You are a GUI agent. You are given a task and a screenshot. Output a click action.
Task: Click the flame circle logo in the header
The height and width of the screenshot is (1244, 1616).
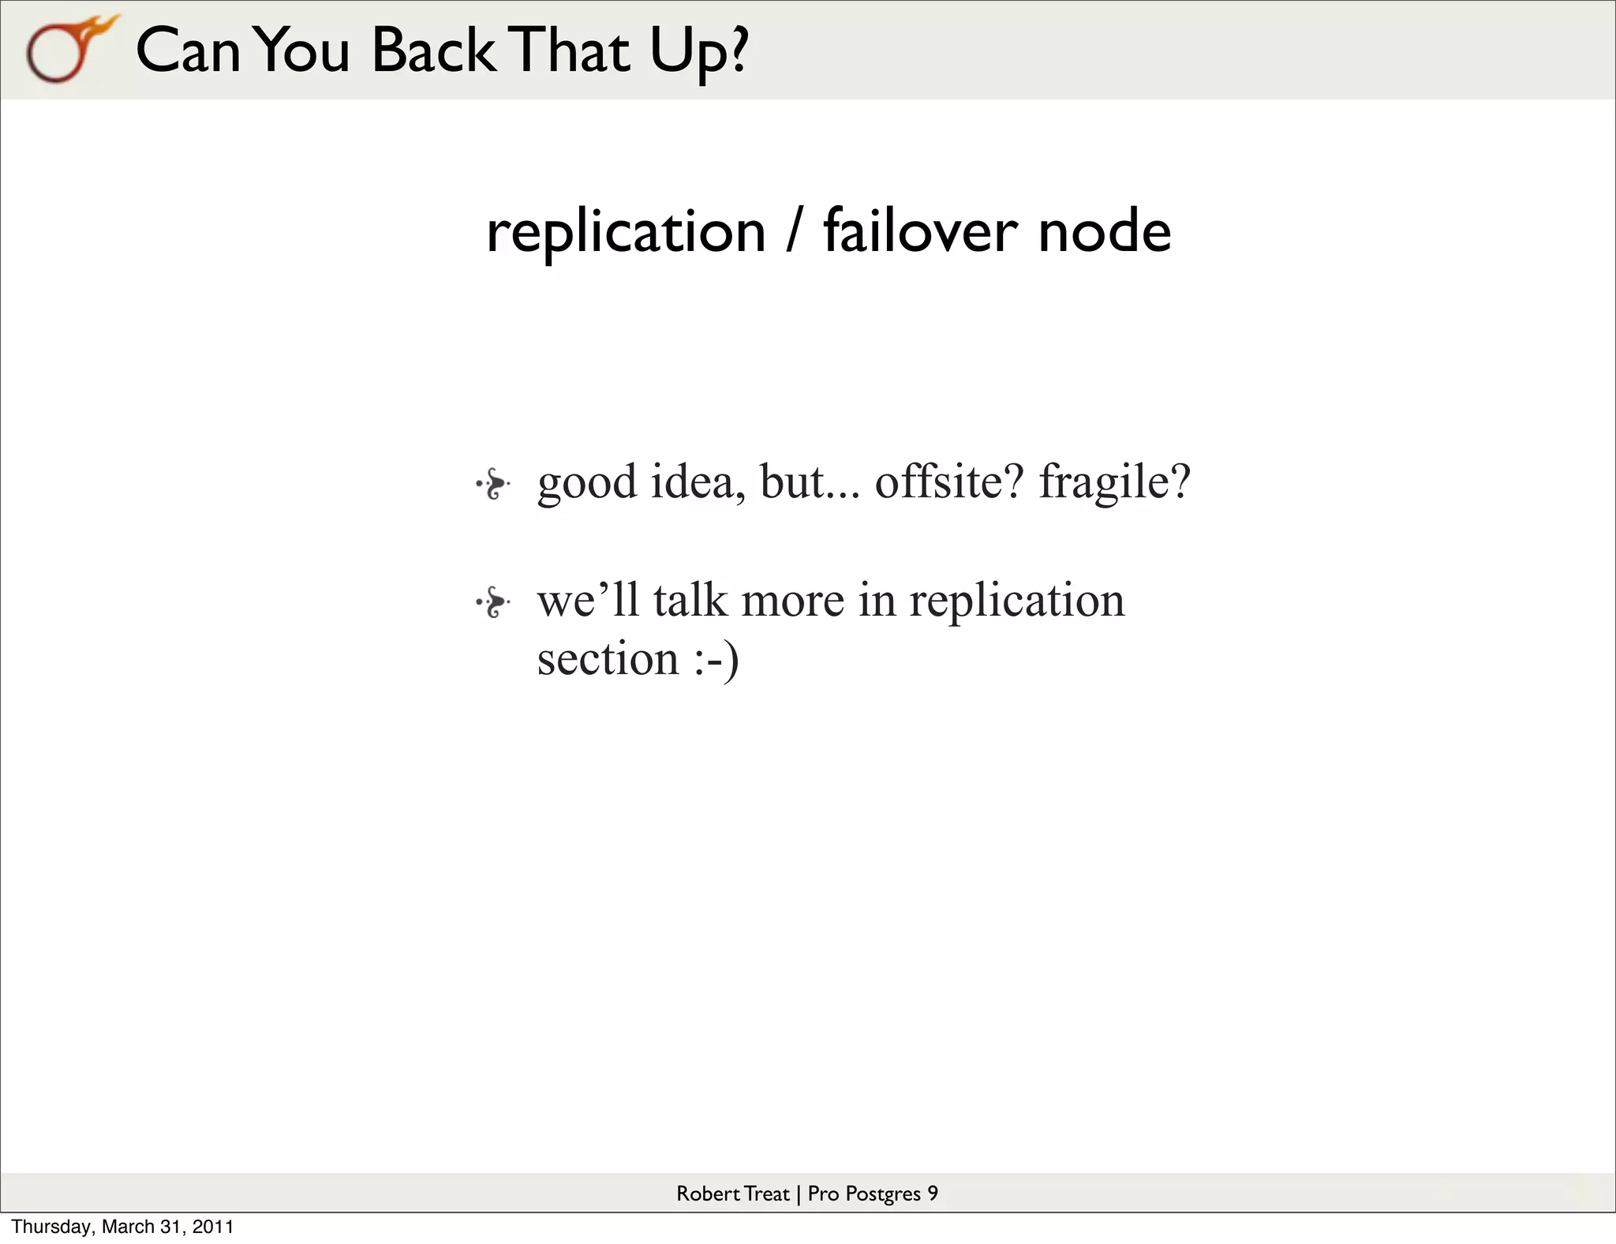click(67, 51)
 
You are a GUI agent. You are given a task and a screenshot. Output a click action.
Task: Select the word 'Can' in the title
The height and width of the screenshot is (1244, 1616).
click(188, 51)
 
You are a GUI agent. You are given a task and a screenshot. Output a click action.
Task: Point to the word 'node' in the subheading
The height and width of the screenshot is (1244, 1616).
click(1104, 232)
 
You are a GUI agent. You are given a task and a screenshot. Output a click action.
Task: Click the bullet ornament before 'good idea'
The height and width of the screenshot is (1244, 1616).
click(493, 483)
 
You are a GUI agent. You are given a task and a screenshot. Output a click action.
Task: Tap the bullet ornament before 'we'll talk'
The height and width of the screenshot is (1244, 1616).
click(493, 603)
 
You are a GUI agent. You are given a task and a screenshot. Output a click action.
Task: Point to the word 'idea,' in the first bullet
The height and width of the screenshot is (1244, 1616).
click(698, 481)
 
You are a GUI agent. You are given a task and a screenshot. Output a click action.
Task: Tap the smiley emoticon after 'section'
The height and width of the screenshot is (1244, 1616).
click(716, 660)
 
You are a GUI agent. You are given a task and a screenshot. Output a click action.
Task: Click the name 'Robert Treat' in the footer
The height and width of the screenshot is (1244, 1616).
click(732, 1193)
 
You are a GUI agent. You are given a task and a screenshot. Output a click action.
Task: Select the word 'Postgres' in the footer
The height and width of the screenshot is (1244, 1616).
click(882, 1194)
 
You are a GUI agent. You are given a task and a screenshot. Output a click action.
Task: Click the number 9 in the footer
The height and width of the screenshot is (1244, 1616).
click(933, 1193)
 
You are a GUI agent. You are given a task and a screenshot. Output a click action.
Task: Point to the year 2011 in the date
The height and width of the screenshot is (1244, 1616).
click(215, 1227)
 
